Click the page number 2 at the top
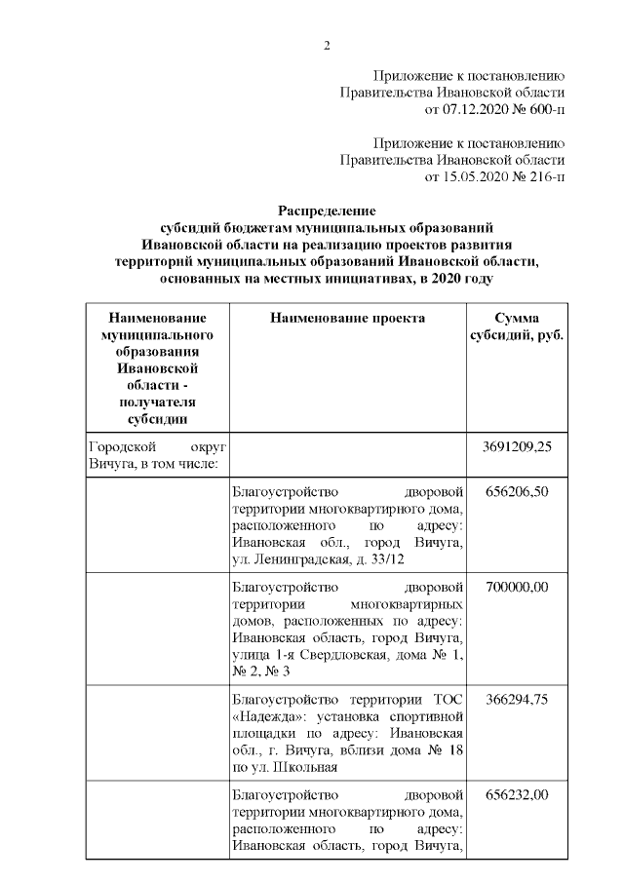pos(328,45)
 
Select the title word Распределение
pos(327,211)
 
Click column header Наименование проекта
pos(347,318)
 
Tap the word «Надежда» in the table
pos(263,716)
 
